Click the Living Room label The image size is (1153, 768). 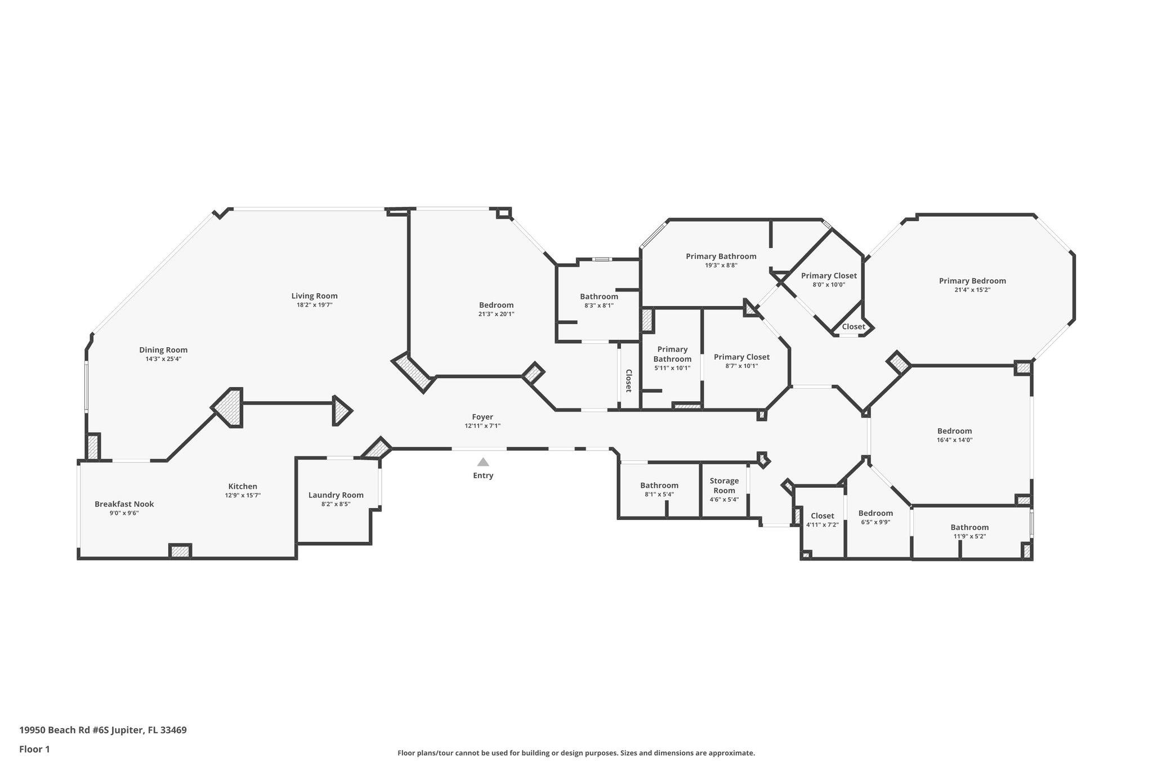[314, 296]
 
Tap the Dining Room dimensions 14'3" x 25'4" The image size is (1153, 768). [163, 359]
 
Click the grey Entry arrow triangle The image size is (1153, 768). [483, 462]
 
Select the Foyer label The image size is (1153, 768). [482, 417]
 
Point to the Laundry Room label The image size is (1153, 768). [336, 495]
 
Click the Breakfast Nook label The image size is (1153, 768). [124, 504]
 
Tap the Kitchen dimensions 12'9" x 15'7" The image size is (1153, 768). [243, 496]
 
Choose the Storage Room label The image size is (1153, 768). [724, 486]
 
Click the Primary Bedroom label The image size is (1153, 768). [972, 281]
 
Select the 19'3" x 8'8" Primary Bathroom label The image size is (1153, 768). [721, 257]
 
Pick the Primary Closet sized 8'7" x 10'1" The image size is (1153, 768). [741, 357]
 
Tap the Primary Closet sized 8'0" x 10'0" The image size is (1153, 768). [829, 276]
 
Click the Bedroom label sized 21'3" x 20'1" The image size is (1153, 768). [496, 305]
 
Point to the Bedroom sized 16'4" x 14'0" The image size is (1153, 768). [954, 431]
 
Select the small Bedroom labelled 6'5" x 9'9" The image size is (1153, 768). [875, 513]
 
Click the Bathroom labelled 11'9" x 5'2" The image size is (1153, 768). [969, 527]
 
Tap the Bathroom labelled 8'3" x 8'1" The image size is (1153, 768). [599, 297]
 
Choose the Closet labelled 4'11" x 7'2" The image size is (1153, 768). [822, 516]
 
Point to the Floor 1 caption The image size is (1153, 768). [34, 749]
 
